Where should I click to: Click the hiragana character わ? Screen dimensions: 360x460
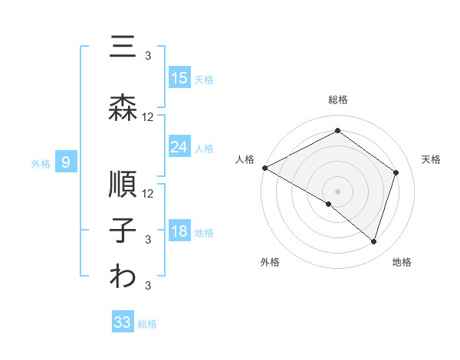tap(123, 277)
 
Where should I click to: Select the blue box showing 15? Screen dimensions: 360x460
tap(179, 78)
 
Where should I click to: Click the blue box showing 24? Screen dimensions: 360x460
tap(179, 146)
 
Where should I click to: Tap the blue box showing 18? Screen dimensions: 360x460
tap(179, 231)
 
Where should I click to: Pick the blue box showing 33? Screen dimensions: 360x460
tap(123, 322)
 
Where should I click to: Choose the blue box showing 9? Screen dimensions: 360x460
tap(67, 162)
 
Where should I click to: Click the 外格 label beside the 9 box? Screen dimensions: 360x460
tap(41, 162)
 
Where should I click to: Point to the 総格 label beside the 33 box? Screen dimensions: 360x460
tap(148, 323)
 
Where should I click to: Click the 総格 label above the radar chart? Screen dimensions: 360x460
tap(337, 100)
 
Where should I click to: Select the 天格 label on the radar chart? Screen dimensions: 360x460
tap(431, 159)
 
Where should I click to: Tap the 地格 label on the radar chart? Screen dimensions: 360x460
tap(402, 262)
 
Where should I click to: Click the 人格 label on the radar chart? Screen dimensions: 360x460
tap(245, 159)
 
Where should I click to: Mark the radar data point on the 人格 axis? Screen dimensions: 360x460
tap(264, 168)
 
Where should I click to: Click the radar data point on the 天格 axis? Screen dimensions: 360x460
tap(396, 172)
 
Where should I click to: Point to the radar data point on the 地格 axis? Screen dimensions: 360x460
tap(373, 242)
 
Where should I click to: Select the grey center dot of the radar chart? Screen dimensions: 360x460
tap(337, 191)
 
